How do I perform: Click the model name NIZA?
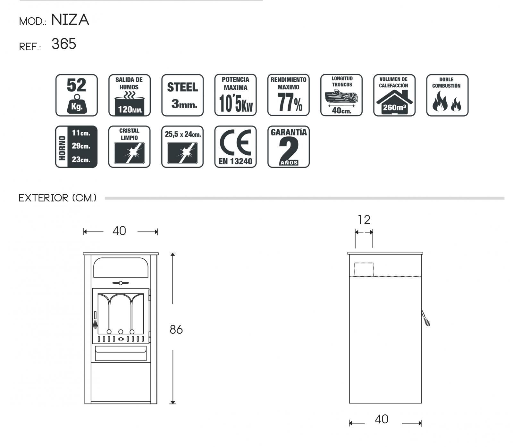click(70, 20)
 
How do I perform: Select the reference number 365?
click(64, 44)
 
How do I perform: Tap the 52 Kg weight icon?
click(77, 95)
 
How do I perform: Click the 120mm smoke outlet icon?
click(130, 95)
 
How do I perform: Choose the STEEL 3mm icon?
click(182, 95)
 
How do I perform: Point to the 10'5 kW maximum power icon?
click(236, 95)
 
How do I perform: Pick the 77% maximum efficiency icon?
click(289, 95)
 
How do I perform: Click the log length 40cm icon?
click(341, 95)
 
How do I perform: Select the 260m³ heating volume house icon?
click(394, 95)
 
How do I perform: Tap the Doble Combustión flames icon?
click(447, 95)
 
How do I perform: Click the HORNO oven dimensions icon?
click(77, 147)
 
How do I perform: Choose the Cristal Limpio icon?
click(130, 147)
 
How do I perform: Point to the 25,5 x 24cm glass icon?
click(182, 147)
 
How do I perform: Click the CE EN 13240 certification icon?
click(236, 147)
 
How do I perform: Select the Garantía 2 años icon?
click(289, 147)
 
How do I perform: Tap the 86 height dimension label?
click(176, 329)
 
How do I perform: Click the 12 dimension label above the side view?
click(364, 220)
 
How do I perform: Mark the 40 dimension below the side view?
click(382, 419)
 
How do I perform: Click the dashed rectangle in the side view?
click(364, 270)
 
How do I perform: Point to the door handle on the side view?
click(425, 318)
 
